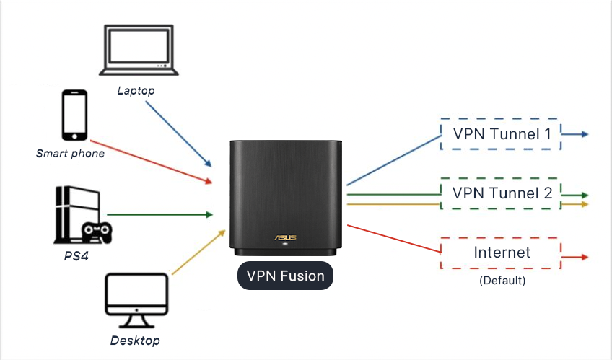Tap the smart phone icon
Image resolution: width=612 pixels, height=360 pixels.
(74, 115)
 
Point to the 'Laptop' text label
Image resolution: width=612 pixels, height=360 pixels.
(136, 91)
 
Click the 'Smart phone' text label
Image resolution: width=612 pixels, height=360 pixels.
(70, 153)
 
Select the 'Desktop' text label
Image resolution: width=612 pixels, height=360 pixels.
(135, 340)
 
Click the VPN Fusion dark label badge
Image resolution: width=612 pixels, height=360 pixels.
(285, 275)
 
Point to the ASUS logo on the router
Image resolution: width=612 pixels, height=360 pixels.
(284, 237)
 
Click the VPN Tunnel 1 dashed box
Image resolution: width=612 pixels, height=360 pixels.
(501, 134)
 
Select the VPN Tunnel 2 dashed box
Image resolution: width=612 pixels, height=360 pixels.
(501, 193)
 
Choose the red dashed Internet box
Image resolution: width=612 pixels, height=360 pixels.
(501, 253)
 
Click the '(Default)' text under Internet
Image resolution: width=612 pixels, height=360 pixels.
(502, 280)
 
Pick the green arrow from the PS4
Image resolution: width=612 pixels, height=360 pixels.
(159, 214)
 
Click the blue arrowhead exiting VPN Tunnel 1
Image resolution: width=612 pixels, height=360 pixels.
(584, 134)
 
